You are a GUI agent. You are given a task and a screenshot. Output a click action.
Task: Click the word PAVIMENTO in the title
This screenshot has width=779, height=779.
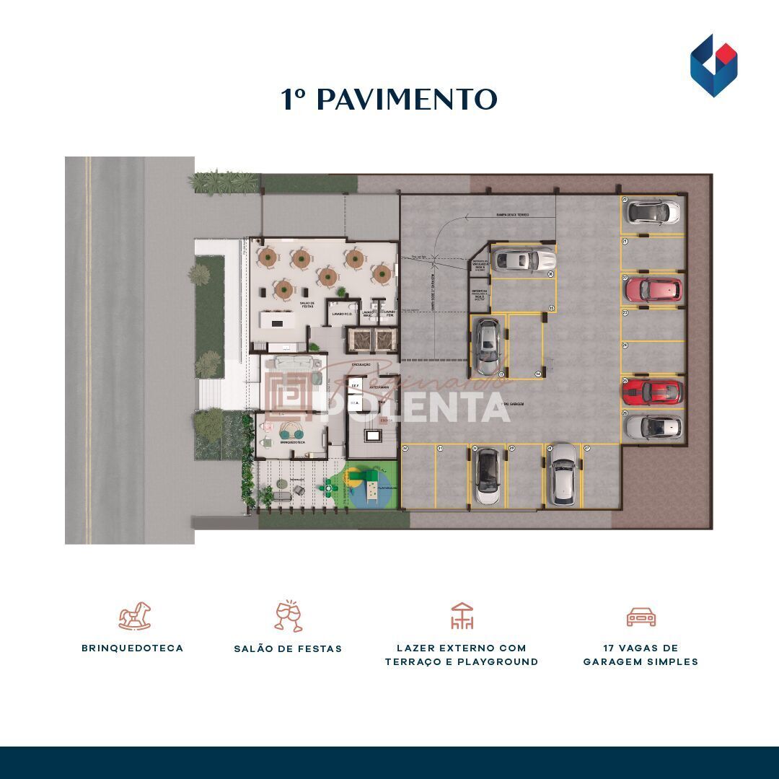click(x=407, y=100)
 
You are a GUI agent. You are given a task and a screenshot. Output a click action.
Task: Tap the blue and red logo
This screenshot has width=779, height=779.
click(x=713, y=65)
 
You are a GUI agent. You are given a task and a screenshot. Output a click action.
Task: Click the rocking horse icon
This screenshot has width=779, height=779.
click(x=135, y=617)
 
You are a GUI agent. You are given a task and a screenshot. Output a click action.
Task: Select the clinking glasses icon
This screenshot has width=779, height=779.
click(x=289, y=616)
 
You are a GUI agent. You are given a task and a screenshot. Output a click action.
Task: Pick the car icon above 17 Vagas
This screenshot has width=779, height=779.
click(x=641, y=617)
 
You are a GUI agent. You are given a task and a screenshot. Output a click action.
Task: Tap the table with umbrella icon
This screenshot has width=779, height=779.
click(x=462, y=616)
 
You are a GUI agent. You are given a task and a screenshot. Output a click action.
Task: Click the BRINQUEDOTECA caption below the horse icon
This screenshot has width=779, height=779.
click(x=132, y=648)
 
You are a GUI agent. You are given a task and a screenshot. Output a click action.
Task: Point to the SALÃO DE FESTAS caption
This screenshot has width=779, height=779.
click(x=288, y=649)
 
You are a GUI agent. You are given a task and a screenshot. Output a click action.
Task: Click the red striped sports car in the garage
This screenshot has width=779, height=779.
click(x=652, y=392)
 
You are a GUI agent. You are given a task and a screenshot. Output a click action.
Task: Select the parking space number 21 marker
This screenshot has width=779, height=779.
click(x=625, y=241)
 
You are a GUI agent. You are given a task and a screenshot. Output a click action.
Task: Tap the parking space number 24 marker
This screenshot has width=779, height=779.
click(x=625, y=346)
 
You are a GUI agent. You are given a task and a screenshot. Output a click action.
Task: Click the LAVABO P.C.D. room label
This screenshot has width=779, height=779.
click(x=342, y=314)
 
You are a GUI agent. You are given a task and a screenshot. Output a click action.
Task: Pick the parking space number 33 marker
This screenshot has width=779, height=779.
click(x=552, y=308)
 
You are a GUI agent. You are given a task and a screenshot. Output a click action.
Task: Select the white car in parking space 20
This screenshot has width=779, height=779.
click(x=652, y=212)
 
